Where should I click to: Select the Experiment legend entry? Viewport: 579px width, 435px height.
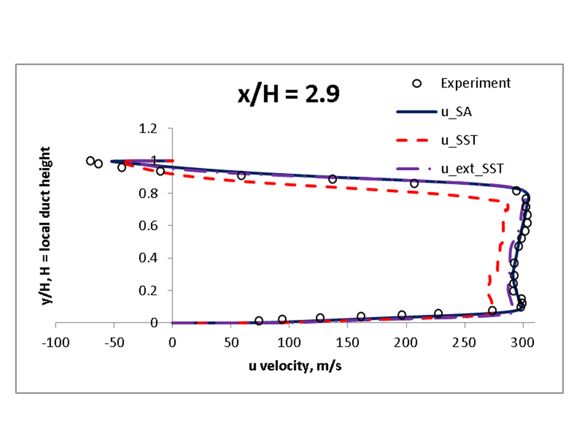tap(475, 83)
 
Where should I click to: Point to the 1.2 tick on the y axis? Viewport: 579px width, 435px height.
tap(148, 128)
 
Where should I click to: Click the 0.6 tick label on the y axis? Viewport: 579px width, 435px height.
tap(148, 225)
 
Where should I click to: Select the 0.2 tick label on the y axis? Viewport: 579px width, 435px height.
tap(148, 291)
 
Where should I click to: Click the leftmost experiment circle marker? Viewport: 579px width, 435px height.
tap(90, 161)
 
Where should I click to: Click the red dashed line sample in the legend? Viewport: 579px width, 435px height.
tap(417, 141)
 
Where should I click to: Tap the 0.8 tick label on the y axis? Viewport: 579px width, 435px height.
tap(148, 193)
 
